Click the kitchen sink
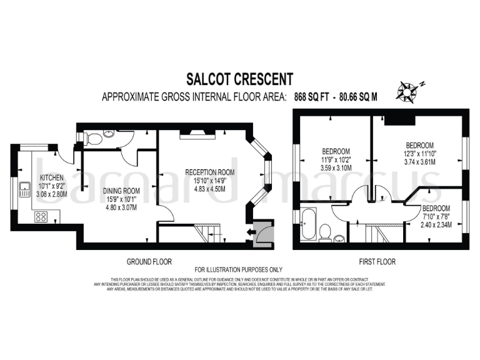[x=25, y=188]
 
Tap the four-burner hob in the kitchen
[x=42, y=217]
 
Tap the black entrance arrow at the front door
[x=251, y=233]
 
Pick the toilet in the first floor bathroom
[x=324, y=232]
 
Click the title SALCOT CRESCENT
[x=240, y=79]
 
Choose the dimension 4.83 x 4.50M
[x=210, y=188]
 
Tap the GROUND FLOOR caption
[x=150, y=261]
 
